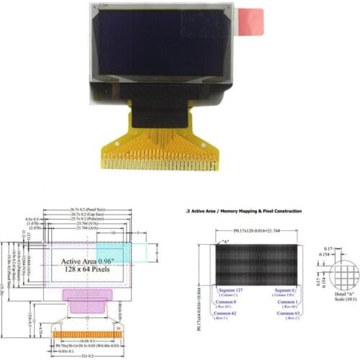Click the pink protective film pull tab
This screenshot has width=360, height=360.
(251, 22)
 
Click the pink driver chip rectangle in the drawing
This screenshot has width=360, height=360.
(88, 294)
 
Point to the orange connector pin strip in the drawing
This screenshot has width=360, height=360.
(88, 334)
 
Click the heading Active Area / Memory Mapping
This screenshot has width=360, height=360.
(243, 211)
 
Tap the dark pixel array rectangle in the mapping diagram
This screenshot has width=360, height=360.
(257, 264)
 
